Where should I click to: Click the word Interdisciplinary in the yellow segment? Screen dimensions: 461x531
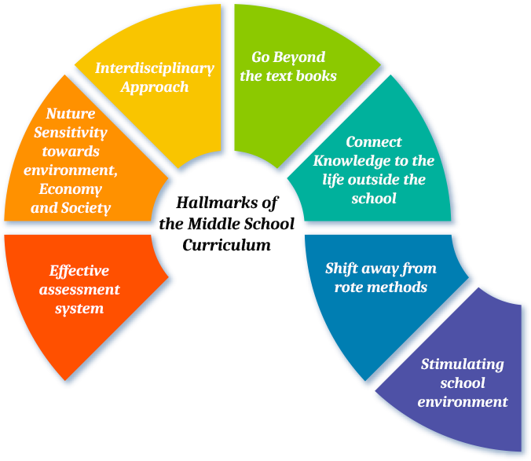pos(154,68)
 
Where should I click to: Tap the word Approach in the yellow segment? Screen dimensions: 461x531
pos(154,86)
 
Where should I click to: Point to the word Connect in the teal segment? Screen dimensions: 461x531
pos(374,142)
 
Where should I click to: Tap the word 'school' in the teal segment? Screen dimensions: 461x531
pos(374,199)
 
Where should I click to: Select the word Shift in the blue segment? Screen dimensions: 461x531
pos(343,269)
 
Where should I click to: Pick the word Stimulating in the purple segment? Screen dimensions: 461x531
pos(462,364)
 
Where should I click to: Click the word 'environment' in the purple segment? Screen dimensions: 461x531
pos(462,402)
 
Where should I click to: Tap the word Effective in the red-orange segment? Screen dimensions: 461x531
pos(79,271)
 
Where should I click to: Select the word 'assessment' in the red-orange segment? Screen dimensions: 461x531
pos(79,290)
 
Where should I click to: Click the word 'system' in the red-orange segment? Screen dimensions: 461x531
pos(79,309)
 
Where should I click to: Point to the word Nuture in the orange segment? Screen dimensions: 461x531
pos(71,114)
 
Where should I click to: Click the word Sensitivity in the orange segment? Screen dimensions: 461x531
pos(71,133)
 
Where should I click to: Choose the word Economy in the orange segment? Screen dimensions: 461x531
pos(71,189)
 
